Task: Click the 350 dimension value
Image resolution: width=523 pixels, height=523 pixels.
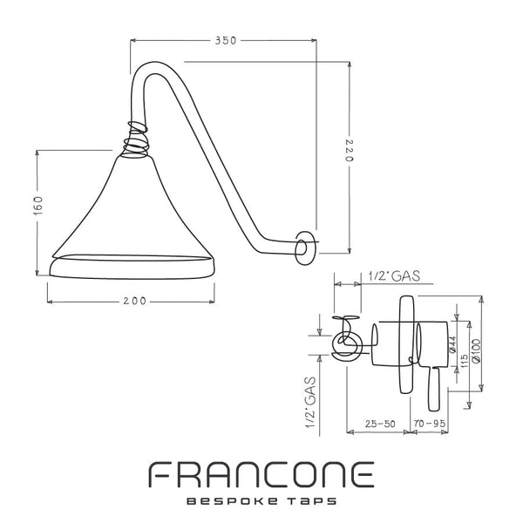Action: click(226, 41)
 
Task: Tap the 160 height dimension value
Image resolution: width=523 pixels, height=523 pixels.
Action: click(38, 205)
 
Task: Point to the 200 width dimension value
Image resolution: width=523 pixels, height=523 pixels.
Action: click(135, 301)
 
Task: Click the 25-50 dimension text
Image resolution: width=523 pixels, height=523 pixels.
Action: click(380, 424)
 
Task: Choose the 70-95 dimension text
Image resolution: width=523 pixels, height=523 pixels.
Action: click(430, 424)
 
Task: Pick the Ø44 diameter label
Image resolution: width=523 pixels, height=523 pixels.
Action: click(452, 344)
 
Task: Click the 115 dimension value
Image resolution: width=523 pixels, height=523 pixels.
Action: click(464, 361)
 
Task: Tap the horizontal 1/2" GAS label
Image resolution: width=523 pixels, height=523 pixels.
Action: click(394, 276)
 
